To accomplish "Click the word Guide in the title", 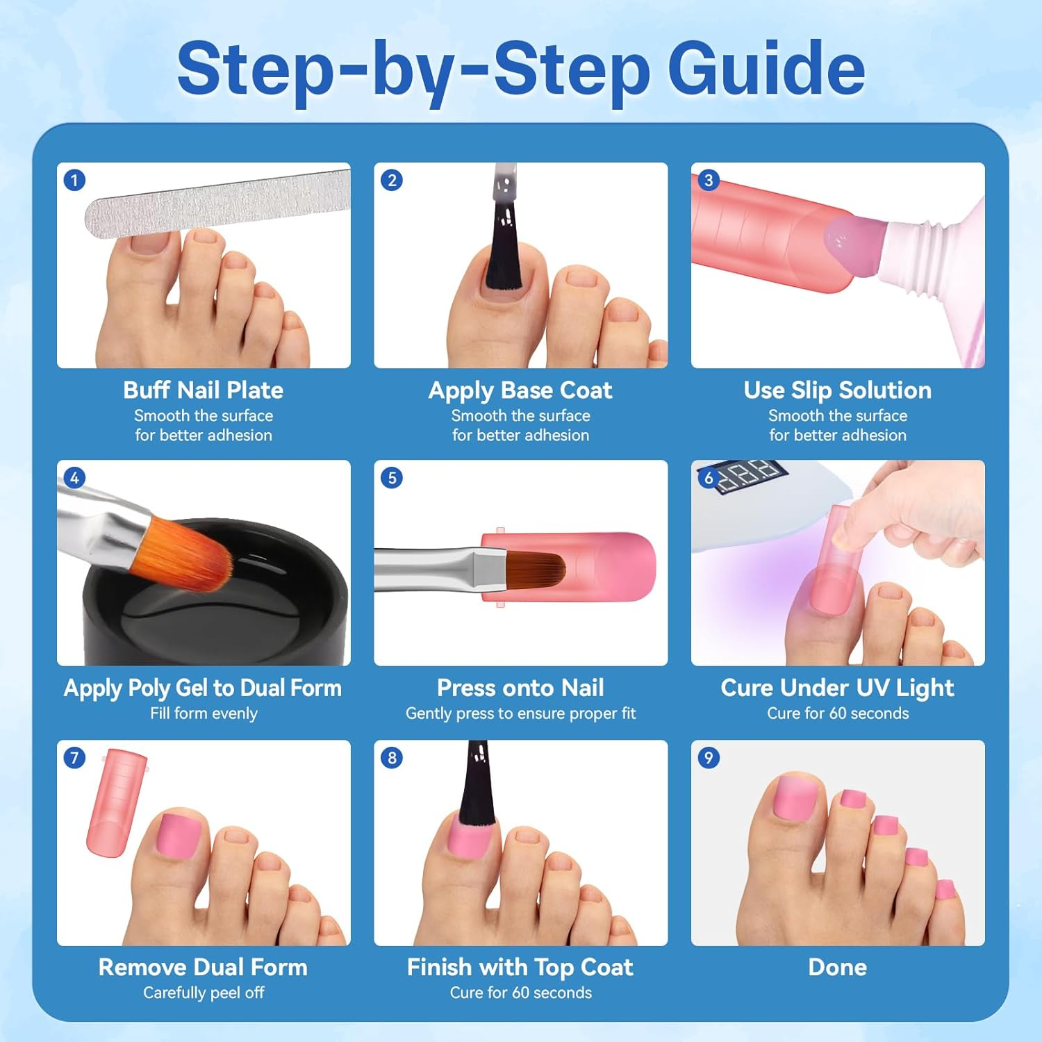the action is (x=766, y=69).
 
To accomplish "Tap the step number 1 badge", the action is (x=74, y=181).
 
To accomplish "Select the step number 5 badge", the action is (x=392, y=478).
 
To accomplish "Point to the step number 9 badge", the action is (x=709, y=758).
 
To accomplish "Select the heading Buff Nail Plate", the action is (x=204, y=390).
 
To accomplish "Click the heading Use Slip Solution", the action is (x=838, y=390).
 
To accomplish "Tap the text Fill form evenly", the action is (x=204, y=713).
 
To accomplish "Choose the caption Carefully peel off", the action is (x=204, y=993).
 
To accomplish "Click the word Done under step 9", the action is (x=838, y=967).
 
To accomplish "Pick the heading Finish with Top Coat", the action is (x=520, y=968).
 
